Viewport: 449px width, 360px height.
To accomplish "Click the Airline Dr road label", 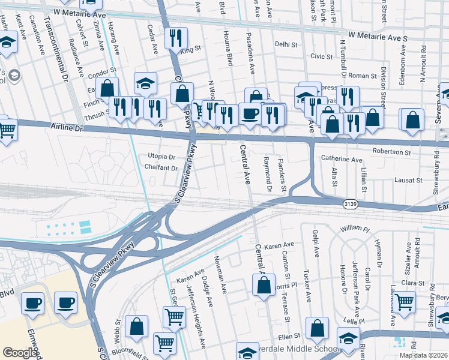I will click(x=67, y=128).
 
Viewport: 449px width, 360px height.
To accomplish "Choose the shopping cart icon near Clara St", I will click(x=405, y=302).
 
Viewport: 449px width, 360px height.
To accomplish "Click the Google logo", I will click(x=19, y=352).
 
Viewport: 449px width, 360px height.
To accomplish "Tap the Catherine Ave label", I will click(x=342, y=160).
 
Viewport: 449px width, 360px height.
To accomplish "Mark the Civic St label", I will click(x=321, y=56).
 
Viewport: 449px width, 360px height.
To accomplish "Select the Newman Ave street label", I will click(x=221, y=275).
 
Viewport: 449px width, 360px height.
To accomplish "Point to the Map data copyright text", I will click(x=424, y=355).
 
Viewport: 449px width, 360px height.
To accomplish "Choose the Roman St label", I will click(x=362, y=76).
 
